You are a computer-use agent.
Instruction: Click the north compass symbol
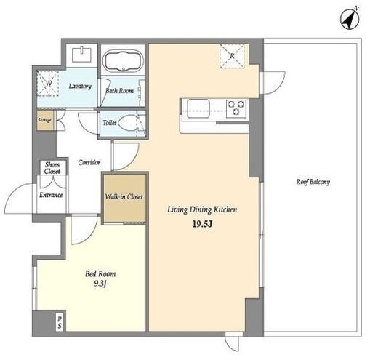point(350,19)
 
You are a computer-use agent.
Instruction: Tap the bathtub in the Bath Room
point(123,61)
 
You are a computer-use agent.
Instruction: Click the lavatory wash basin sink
point(82,55)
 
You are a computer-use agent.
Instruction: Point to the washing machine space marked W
point(48,84)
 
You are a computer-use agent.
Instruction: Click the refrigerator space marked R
point(232,56)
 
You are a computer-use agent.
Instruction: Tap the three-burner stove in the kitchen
point(236,108)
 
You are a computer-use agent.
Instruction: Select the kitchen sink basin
point(198,108)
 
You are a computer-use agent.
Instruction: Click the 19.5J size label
point(202,224)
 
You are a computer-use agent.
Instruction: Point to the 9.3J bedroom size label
point(100,284)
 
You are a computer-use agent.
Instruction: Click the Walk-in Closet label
point(124,196)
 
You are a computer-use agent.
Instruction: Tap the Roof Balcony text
point(313,182)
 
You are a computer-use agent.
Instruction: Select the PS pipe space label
point(60,322)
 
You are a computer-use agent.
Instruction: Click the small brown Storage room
point(45,120)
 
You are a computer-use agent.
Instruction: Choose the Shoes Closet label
point(52,168)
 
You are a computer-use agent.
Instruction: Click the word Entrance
point(51,195)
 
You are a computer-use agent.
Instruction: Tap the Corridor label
point(89,162)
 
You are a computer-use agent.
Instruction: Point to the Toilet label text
point(110,123)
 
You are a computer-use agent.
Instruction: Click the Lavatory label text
point(80,86)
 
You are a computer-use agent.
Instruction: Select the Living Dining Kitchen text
point(202,209)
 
